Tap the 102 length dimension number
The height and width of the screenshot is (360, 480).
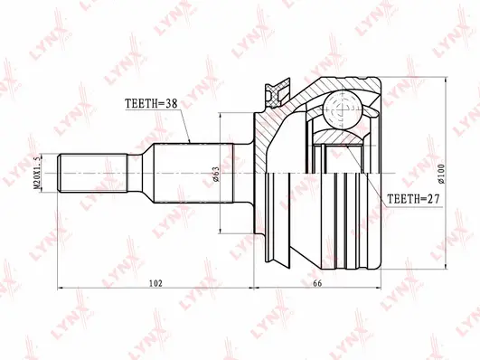pos(155,284)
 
